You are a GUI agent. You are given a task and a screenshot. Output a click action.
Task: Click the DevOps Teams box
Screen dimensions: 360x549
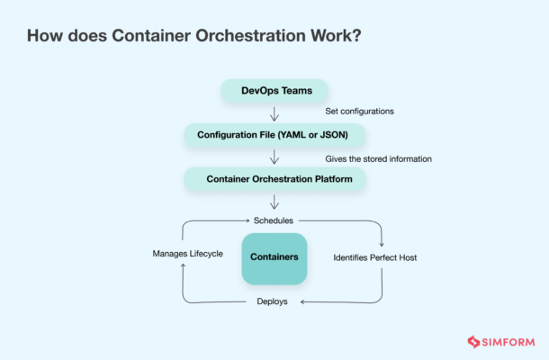(x=274, y=90)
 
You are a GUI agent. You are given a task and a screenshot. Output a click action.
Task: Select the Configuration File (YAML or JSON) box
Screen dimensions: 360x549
(x=274, y=135)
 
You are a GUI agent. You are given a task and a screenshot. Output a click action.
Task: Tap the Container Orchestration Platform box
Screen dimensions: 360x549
(x=274, y=179)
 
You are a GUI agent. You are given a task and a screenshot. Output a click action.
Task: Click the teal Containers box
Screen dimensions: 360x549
(x=274, y=258)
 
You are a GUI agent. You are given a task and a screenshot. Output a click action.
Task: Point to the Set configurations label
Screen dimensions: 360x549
(x=361, y=112)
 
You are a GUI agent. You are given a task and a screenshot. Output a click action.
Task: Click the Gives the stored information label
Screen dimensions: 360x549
(x=378, y=158)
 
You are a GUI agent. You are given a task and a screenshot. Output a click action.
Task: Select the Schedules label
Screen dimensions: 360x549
(x=274, y=220)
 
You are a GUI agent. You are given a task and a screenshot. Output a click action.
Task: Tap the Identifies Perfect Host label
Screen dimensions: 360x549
(x=375, y=257)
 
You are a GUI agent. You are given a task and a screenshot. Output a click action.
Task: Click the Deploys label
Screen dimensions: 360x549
(x=272, y=301)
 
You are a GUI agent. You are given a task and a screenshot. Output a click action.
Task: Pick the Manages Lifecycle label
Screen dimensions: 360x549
(x=187, y=255)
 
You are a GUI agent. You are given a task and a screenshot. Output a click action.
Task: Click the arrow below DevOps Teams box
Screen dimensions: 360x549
(x=274, y=112)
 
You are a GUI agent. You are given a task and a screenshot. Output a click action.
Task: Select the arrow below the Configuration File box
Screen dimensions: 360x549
(x=274, y=157)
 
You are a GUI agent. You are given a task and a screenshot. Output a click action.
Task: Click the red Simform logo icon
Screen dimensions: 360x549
(x=475, y=342)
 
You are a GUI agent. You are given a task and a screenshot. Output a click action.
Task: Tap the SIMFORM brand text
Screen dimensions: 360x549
(x=510, y=342)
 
